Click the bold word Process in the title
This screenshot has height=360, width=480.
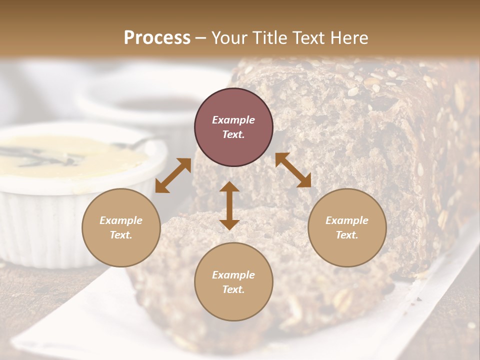click(x=157, y=38)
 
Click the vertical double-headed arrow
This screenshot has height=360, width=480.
click(x=229, y=206)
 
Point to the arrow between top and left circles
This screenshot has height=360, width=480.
click(x=173, y=175)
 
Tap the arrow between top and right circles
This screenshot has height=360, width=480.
click(x=293, y=170)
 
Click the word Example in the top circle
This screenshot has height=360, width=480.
click(x=233, y=120)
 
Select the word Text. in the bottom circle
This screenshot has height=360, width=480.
click(x=233, y=289)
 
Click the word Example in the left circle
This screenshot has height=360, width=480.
click(x=121, y=220)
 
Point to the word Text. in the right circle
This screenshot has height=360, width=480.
click(x=347, y=235)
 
